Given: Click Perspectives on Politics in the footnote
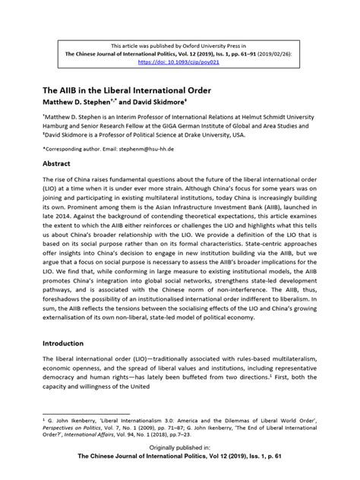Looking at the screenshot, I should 76,428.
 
